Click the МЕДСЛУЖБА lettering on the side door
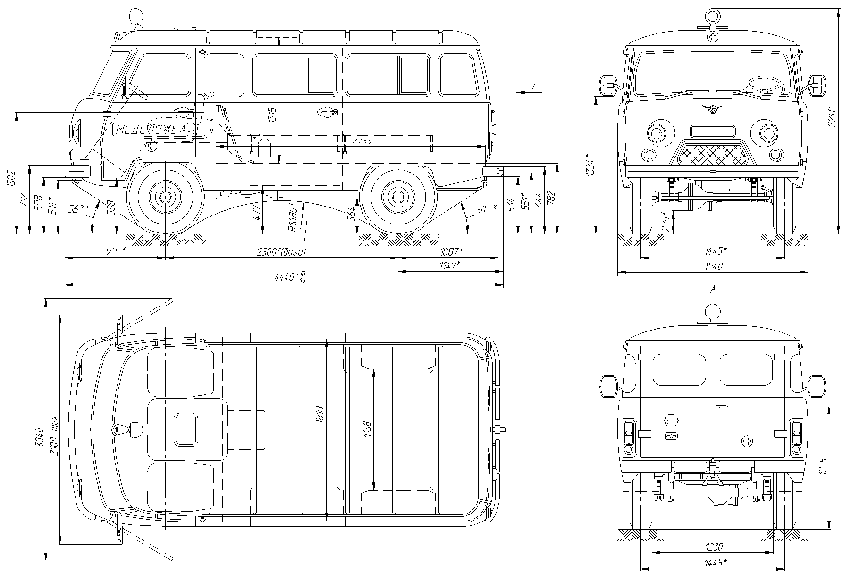pos(151,130)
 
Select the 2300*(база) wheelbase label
pos(281,252)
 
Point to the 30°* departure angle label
pos(487,208)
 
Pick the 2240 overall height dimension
pos(832,117)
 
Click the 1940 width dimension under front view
pos(713,266)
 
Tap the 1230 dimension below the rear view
pos(714,547)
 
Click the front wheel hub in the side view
pos(166,197)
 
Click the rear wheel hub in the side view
pos(398,197)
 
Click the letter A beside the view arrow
pos(534,85)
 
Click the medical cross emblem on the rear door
pos(747,441)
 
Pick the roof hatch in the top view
pos(185,430)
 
